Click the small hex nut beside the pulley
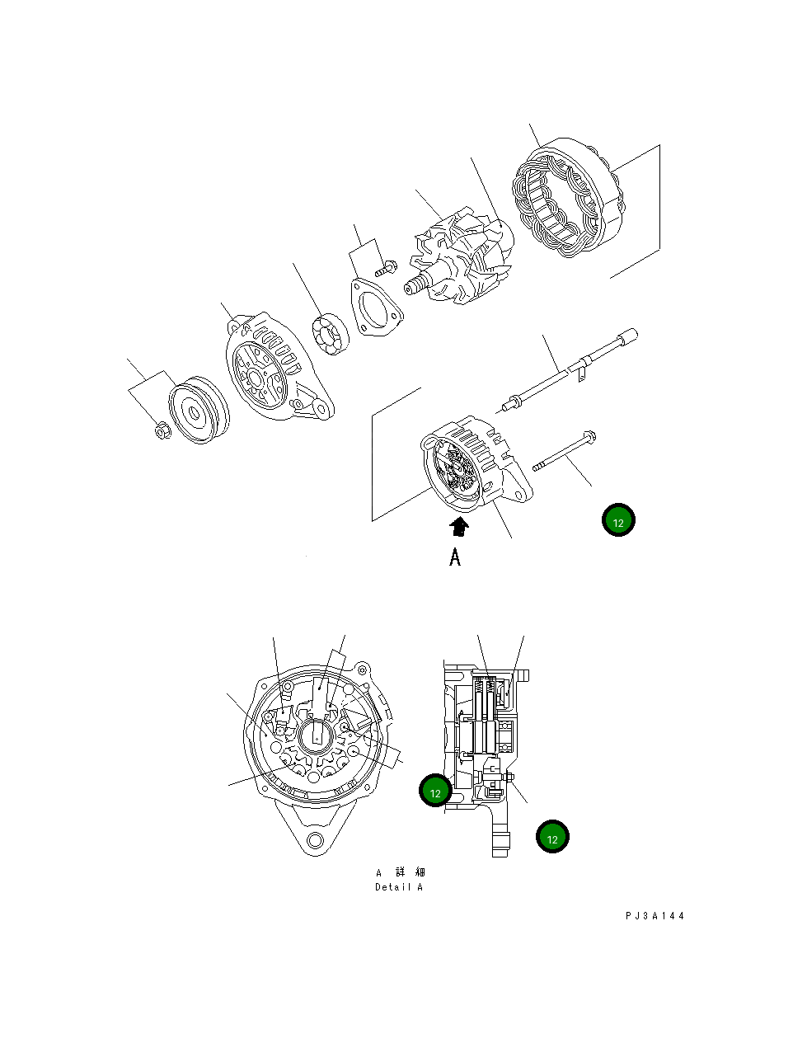pyautogui.click(x=162, y=430)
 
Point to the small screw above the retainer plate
pyautogui.click(x=386, y=268)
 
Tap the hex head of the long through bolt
pyautogui.click(x=588, y=436)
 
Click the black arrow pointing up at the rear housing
pyautogui.click(x=459, y=527)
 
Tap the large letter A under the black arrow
pyautogui.click(x=455, y=557)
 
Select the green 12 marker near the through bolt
pyautogui.click(x=618, y=520)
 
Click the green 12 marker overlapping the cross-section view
pyautogui.click(x=435, y=791)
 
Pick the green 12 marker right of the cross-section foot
pyautogui.click(x=552, y=837)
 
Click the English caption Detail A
pyautogui.click(x=399, y=887)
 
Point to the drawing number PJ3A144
pyautogui.click(x=655, y=916)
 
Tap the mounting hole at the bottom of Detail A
pyautogui.click(x=313, y=841)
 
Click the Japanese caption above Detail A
pyautogui.click(x=401, y=872)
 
